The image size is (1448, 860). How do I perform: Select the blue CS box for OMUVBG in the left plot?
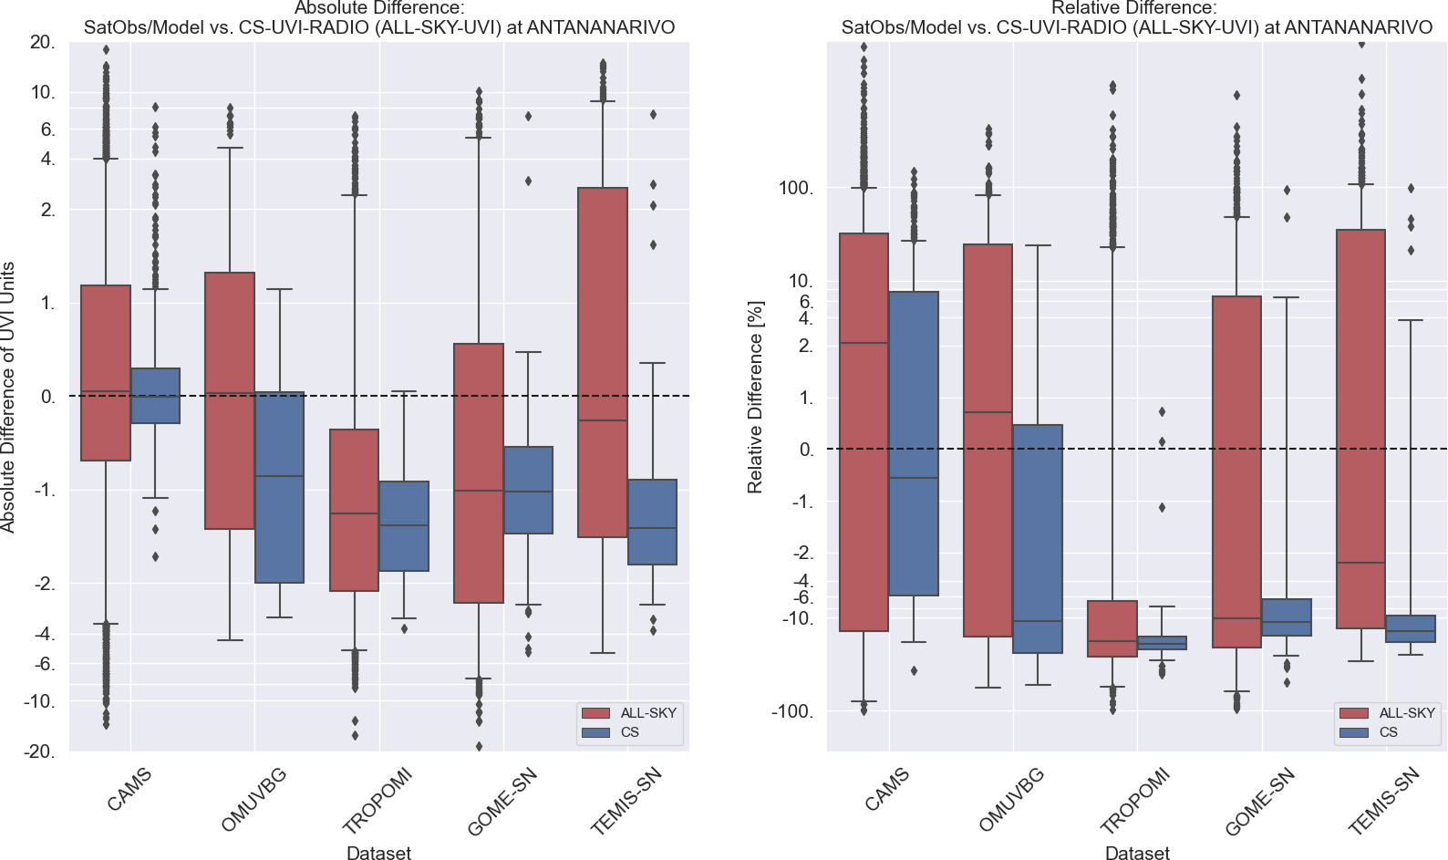[279, 487]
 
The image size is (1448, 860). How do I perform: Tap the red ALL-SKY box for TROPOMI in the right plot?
[1112, 628]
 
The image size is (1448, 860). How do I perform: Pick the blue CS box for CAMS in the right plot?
[914, 443]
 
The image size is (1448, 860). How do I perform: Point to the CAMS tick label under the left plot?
[129, 790]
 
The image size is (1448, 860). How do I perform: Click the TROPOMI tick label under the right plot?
[1134, 802]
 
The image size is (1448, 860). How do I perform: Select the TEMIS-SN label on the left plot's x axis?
[626, 802]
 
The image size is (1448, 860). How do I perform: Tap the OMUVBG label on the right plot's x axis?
[1011, 800]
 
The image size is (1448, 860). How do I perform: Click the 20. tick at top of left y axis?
[42, 42]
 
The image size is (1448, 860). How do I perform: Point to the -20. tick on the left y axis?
[40, 751]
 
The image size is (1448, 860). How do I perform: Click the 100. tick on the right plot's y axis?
[795, 188]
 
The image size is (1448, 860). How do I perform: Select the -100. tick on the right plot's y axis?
[791, 711]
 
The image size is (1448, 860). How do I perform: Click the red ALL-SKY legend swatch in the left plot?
[595, 713]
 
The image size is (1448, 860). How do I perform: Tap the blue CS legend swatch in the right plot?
[1354, 732]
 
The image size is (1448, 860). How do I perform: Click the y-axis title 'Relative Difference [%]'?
[755, 397]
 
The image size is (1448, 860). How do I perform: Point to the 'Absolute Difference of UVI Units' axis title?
[8, 397]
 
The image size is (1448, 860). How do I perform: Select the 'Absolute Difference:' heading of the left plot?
[379, 8]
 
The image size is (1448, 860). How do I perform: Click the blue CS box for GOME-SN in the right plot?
[1287, 617]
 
